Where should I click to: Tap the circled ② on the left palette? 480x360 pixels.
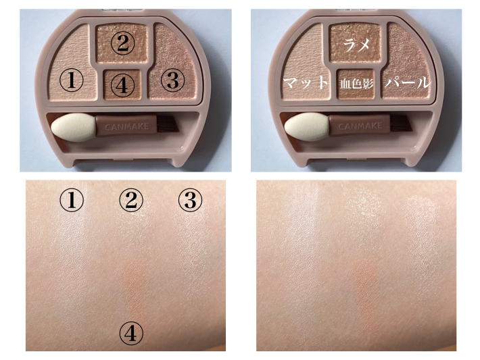122,43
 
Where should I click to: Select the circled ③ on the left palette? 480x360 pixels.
172,80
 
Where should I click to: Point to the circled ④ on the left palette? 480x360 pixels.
122,84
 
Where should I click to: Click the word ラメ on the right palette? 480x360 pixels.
356,45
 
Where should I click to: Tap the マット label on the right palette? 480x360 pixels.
305,82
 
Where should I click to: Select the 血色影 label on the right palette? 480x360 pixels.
357,83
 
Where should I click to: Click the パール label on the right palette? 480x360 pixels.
408,82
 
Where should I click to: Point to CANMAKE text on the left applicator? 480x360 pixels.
126,126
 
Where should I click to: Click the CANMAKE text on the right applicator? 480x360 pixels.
360,126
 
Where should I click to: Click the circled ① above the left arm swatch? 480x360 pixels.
72,200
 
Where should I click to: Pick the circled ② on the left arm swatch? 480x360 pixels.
131,200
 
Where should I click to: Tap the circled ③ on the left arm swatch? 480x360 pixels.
190,200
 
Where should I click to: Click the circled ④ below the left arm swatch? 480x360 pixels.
131,334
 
